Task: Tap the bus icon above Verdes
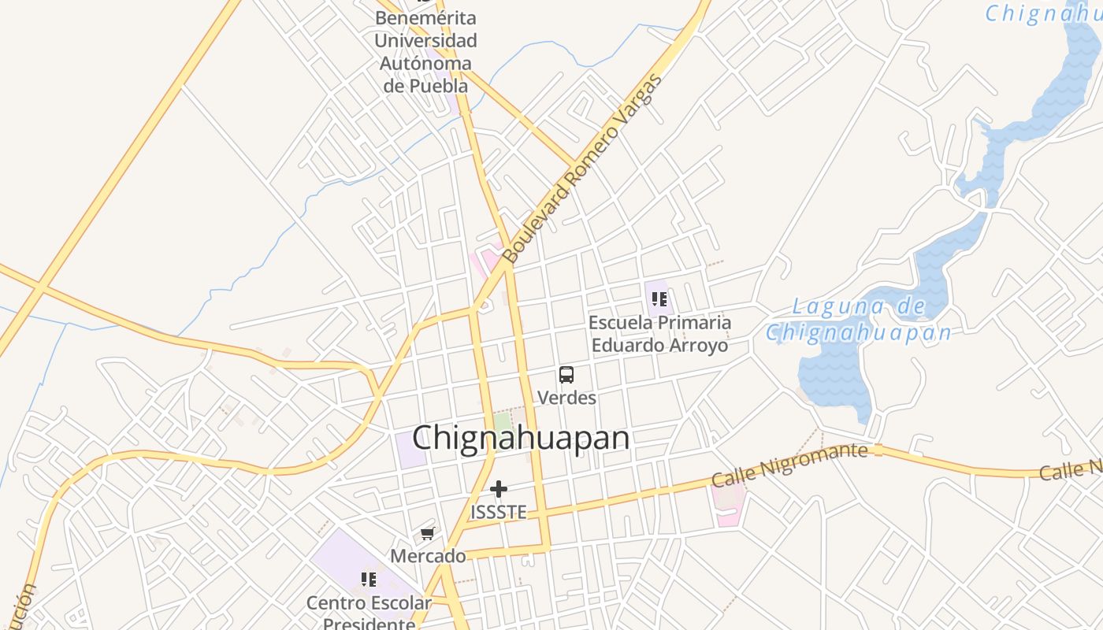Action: click(x=566, y=375)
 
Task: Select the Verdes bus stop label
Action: click(x=566, y=398)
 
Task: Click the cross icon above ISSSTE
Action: click(x=498, y=489)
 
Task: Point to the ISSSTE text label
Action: click(x=498, y=512)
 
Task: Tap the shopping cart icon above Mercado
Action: click(x=428, y=534)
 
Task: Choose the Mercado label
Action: click(x=428, y=556)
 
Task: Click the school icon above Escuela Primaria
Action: click(x=659, y=299)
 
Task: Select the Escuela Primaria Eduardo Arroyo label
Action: click(x=659, y=334)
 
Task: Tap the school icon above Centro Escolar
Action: click(x=368, y=580)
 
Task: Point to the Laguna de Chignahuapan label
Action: click(x=859, y=320)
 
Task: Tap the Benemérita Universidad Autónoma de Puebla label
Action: click(x=425, y=51)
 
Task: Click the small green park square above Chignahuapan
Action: click(x=503, y=421)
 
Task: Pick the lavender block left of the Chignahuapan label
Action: click(x=409, y=450)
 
